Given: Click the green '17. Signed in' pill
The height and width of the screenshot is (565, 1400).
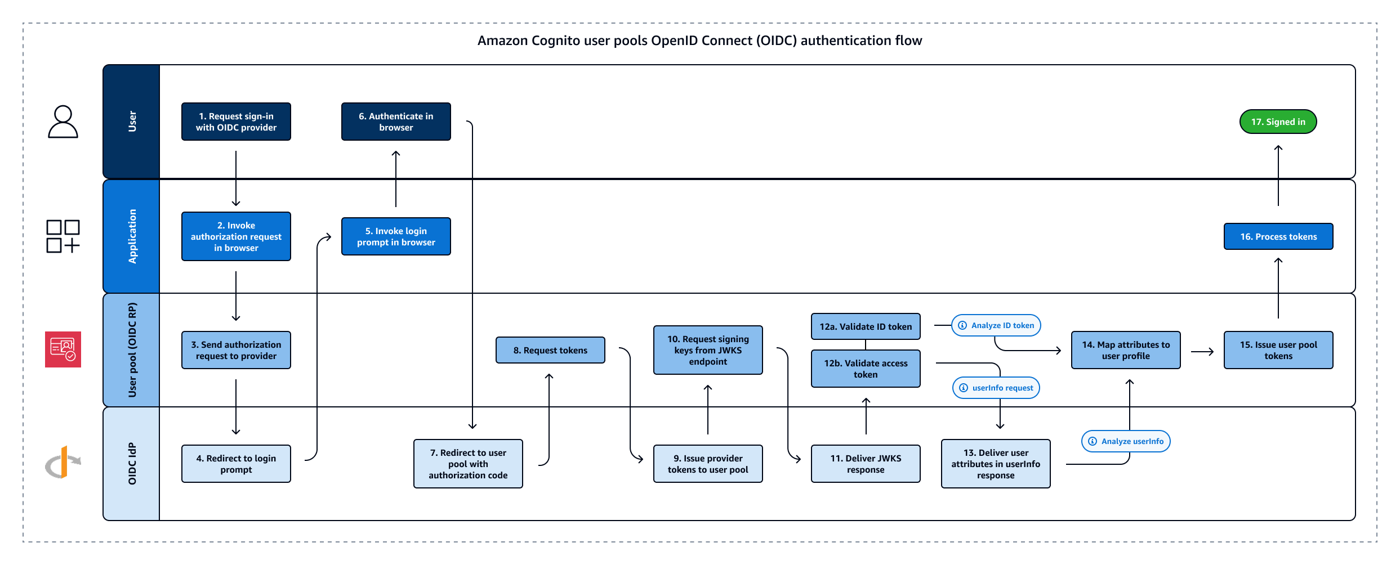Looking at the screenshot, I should (1278, 122).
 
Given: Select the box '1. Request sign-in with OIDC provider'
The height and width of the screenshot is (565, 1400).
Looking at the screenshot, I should (236, 122).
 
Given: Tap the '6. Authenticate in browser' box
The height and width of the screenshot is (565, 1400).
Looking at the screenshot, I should (396, 122).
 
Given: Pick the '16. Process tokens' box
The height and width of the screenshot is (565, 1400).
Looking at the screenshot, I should (1278, 236).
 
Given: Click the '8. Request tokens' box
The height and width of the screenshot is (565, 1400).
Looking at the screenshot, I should (550, 350).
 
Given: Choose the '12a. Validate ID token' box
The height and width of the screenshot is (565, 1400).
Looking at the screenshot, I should (866, 326).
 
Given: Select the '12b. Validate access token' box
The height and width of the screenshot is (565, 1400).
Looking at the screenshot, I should (866, 369).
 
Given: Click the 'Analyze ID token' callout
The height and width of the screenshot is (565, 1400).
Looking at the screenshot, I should (996, 325).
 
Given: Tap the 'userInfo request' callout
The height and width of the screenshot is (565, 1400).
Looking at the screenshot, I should (996, 388).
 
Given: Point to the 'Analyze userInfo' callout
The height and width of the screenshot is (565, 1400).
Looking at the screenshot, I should (1126, 441).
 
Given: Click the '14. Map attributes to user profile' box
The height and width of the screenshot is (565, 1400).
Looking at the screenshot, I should (1126, 350).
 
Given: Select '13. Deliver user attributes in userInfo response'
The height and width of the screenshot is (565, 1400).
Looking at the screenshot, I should (996, 464).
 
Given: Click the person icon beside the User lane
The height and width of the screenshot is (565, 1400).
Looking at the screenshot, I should (63, 122).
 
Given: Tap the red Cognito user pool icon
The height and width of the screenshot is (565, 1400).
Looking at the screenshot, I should (63, 349).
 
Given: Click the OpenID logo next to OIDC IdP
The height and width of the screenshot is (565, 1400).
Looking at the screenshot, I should (63, 463).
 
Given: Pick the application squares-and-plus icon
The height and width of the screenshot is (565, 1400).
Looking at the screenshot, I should (63, 236).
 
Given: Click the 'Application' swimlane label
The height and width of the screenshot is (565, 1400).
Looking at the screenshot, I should (132, 236).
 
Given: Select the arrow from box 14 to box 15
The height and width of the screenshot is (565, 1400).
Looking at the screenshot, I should (1202, 352).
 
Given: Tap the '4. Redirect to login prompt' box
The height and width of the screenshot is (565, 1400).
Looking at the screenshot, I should (236, 464).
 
